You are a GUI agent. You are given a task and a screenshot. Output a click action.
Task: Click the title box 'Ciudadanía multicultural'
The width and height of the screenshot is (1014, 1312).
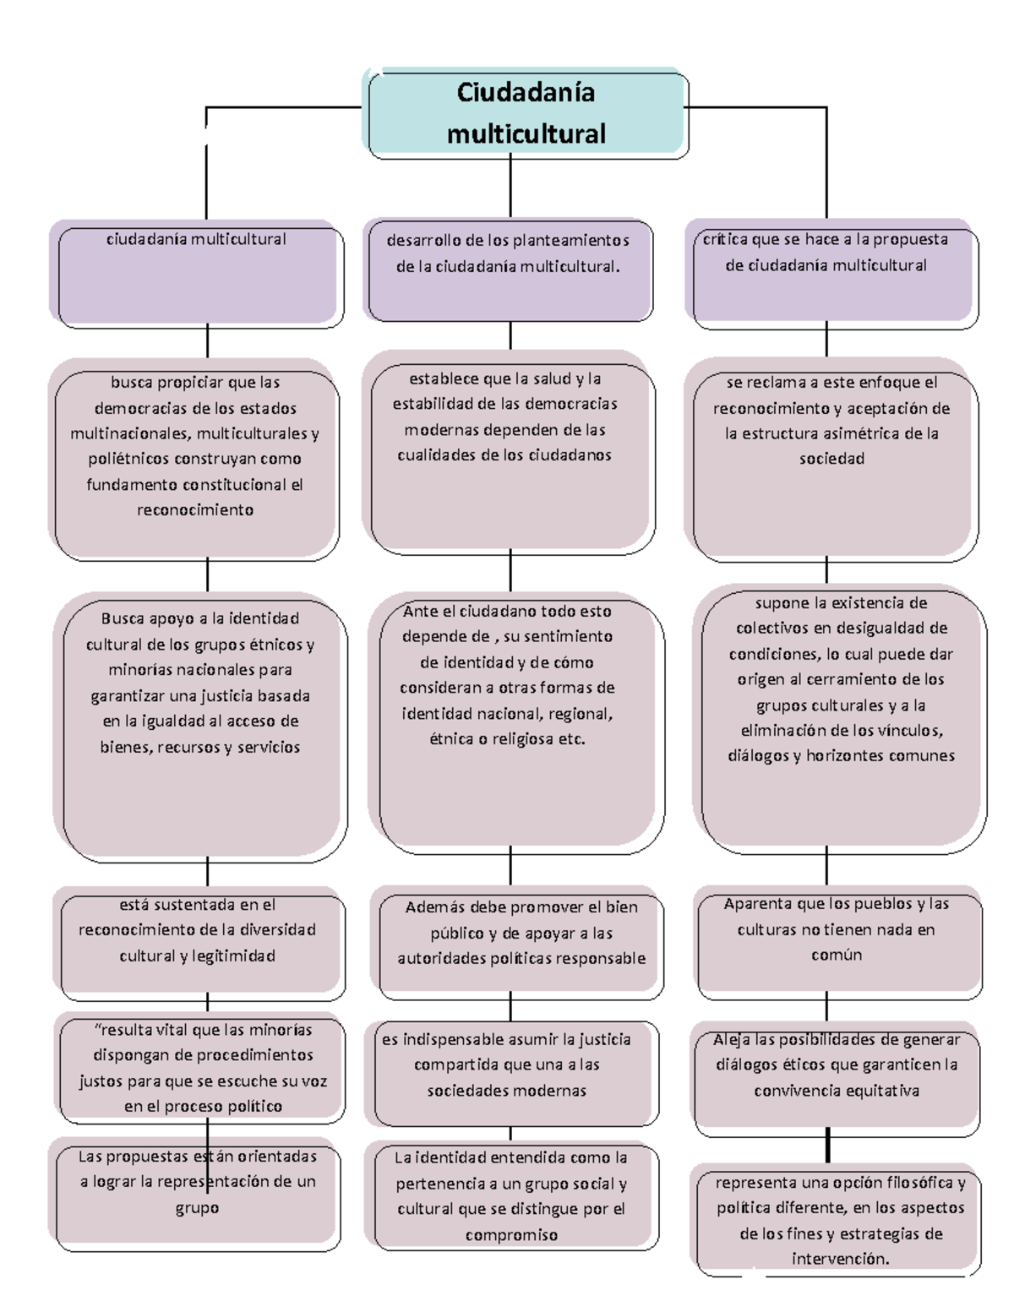click(x=526, y=113)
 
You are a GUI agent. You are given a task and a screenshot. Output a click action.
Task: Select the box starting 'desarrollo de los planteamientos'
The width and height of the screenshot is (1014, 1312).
click(x=509, y=270)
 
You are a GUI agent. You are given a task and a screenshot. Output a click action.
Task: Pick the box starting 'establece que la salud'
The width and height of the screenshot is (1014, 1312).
click(x=509, y=457)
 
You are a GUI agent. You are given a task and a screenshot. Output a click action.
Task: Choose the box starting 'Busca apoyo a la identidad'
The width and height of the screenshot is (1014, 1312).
click(x=201, y=727)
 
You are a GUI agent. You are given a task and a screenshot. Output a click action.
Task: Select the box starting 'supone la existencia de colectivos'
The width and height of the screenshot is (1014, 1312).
click(x=840, y=719)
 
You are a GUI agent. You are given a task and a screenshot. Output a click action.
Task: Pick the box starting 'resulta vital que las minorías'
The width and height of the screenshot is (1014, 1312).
click(x=201, y=1069)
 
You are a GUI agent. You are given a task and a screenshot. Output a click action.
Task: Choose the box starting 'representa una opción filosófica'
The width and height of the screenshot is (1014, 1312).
click(x=838, y=1221)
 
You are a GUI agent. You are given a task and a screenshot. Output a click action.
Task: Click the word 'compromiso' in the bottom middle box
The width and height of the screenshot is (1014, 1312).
click(x=511, y=1235)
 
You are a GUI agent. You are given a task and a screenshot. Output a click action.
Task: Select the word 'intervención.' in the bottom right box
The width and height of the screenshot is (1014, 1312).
click(x=840, y=1259)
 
